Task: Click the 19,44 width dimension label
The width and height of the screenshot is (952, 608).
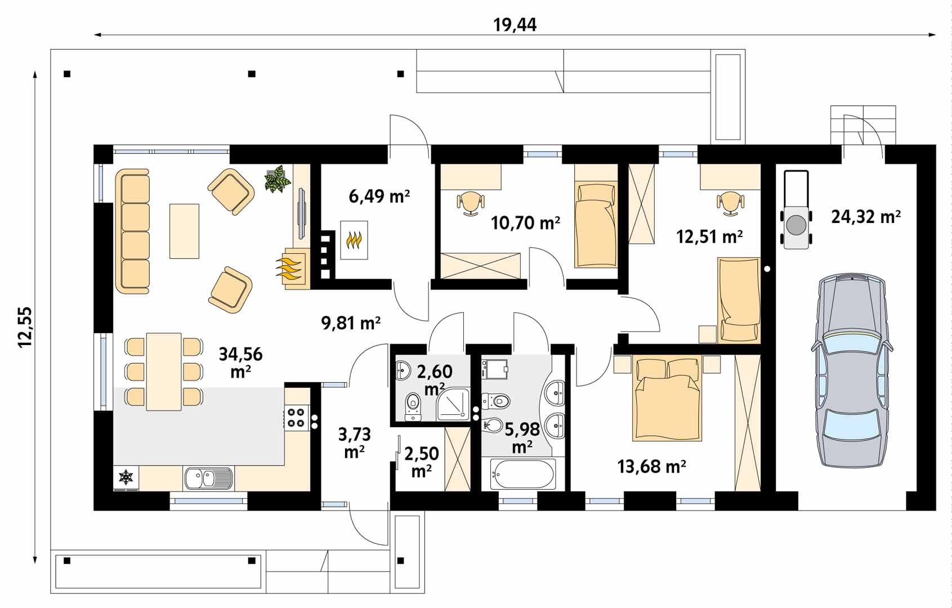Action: click(515, 25)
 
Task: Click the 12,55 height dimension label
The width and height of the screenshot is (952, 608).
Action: click(25, 327)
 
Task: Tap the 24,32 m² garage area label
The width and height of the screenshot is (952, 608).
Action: click(866, 217)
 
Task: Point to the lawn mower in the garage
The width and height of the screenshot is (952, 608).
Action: click(797, 209)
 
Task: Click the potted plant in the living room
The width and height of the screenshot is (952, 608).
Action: click(278, 179)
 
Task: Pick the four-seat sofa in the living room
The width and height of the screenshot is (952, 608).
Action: click(133, 231)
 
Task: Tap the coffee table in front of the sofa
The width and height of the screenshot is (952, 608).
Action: click(185, 231)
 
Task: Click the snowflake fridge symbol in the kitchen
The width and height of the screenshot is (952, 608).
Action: click(126, 477)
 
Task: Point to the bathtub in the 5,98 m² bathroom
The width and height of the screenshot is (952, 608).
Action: click(523, 474)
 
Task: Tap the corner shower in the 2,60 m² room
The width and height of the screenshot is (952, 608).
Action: click(454, 404)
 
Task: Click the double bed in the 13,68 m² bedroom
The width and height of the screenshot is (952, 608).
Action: click(667, 398)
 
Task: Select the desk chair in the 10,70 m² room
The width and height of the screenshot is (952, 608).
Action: click(471, 203)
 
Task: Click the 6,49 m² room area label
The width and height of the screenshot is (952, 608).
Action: click(379, 196)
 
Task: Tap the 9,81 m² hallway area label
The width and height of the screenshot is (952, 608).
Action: click(351, 323)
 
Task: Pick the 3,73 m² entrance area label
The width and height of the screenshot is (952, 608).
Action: click(354, 443)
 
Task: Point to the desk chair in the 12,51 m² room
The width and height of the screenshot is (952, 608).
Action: click(730, 203)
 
